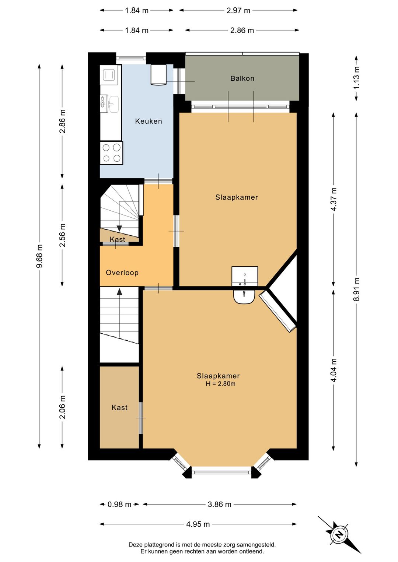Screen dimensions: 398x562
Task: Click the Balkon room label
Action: pos(242,78)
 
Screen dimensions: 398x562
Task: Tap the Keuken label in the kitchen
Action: pos(149,121)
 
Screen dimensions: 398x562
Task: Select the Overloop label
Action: pos(122,273)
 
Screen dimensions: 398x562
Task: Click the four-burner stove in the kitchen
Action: pos(111,153)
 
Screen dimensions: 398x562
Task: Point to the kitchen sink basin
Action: pos(114,104)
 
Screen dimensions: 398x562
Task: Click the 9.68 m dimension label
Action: pos(39,256)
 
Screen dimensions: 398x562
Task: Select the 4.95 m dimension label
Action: pos(198,524)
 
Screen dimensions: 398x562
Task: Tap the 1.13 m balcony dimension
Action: pos(356,77)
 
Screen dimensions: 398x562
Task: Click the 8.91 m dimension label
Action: pos(356,289)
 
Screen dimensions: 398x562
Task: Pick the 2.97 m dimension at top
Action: pos(238,11)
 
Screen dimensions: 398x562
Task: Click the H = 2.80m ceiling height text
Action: pos(220,384)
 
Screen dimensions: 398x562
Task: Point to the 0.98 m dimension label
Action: pos(119,504)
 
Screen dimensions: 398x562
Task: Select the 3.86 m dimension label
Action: pos(220,504)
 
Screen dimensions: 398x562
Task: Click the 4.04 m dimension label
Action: pos(334,370)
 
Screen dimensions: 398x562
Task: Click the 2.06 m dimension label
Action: pos(63,407)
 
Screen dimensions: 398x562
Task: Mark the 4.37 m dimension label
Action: pos(334,200)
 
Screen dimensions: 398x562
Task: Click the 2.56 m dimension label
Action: pos(63,235)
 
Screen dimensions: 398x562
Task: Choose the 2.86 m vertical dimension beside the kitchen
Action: pos(63,121)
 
